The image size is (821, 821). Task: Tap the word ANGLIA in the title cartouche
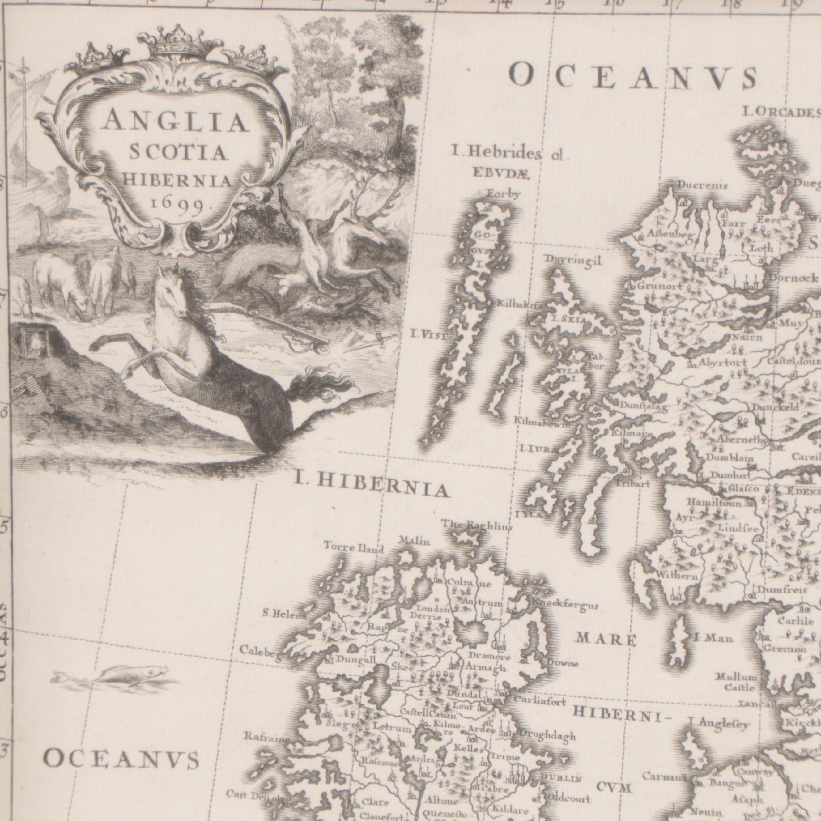pos(175,122)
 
